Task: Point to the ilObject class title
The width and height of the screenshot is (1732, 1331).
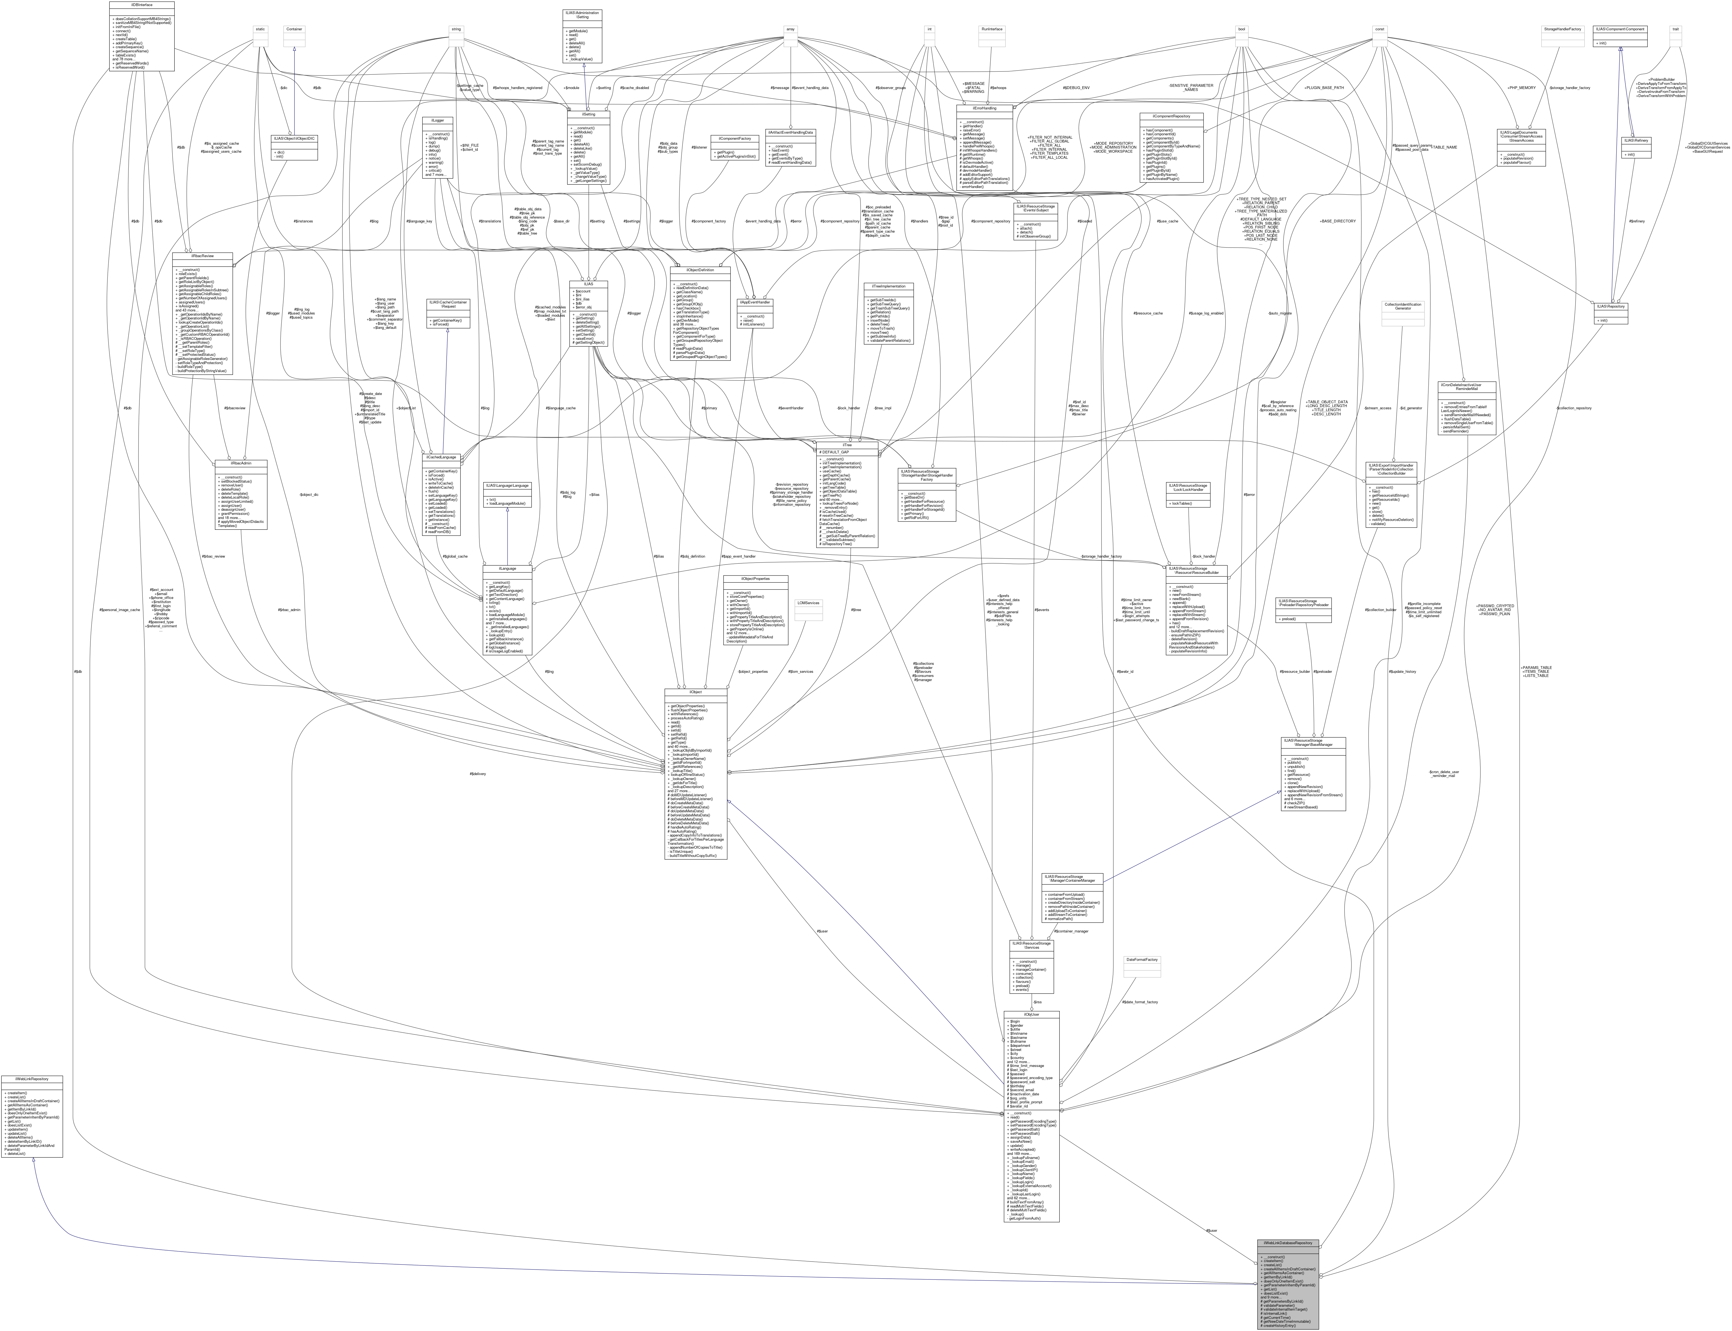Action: tap(695, 692)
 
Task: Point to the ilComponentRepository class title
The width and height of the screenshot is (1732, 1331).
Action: tap(1171, 116)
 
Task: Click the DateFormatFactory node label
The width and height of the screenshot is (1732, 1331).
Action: tap(1141, 959)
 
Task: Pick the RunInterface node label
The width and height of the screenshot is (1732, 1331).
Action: tap(992, 29)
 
